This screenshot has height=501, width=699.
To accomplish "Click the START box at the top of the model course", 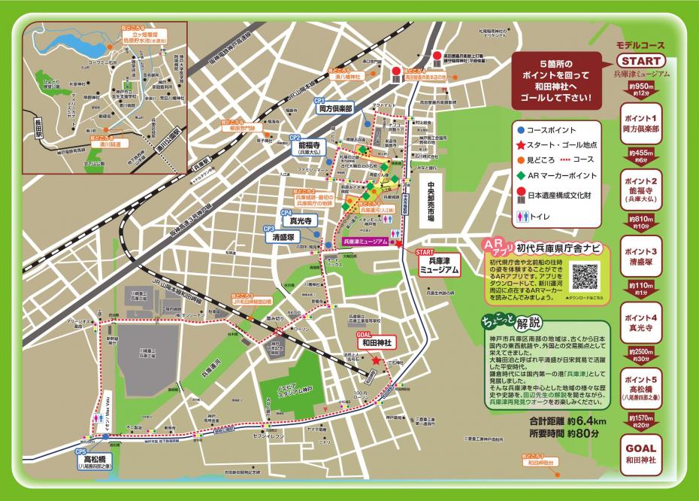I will click(x=640, y=61).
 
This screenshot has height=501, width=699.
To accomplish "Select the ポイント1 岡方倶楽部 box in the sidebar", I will click(x=640, y=124).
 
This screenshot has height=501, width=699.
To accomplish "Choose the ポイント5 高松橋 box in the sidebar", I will click(x=640, y=388).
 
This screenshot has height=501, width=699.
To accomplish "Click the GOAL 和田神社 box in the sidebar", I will click(x=640, y=454).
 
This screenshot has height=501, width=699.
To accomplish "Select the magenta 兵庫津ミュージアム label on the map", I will click(x=365, y=241).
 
